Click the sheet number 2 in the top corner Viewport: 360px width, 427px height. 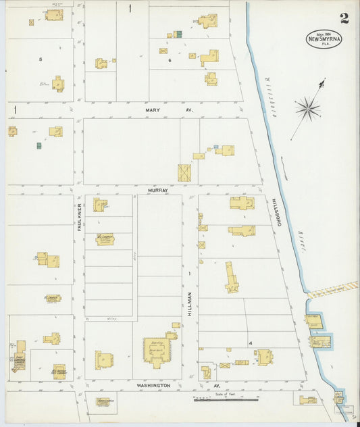point(344,18)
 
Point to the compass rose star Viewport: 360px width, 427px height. point(307,107)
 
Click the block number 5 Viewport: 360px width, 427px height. point(41,59)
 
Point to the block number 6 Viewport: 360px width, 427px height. point(170,60)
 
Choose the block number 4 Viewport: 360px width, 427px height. point(249,343)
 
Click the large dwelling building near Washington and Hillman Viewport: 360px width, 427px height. point(157,351)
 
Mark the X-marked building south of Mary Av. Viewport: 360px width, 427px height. point(184,172)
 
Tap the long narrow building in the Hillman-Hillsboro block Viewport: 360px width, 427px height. point(232,276)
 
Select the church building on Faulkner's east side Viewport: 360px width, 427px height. point(105,238)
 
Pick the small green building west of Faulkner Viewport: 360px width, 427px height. point(39,145)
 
